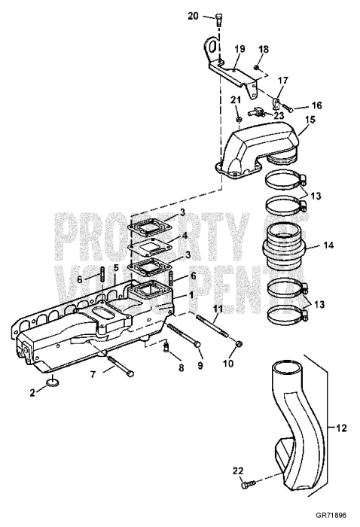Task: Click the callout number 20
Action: coord(193,16)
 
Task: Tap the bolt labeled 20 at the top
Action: coord(217,19)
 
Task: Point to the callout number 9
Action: coord(200,366)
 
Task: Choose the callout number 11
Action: coord(217,309)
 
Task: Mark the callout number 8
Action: coord(180,367)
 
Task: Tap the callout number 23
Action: coord(279,116)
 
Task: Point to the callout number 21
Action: coord(235,100)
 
